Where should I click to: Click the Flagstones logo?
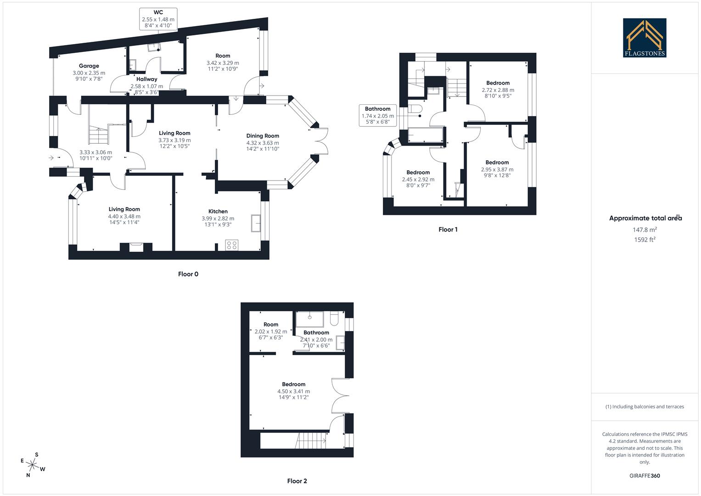pyautogui.click(x=645, y=38)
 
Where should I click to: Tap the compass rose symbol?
pyautogui.click(x=32, y=465)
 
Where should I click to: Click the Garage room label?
pyautogui.click(x=89, y=66)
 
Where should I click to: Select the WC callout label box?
pyautogui.click(x=158, y=19)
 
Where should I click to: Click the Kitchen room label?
pyautogui.click(x=218, y=212)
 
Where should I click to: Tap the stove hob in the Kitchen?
pyautogui.click(x=232, y=245)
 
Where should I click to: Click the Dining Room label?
pyautogui.click(x=263, y=136)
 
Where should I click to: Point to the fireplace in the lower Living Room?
pyautogui.click(x=136, y=247)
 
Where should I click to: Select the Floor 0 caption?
pyautogui.click(x=188, y=274)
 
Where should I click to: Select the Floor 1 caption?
pyautogui.click(x=448, y=230)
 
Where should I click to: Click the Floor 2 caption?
pyautogui.click(x=297, y=481)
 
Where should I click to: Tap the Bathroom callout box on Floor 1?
pyautogui.click(x=377, y=116)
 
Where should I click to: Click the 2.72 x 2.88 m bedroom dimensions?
pyautogui.click(x=498, y=90)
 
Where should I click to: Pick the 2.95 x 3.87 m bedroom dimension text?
pyautogui.click(x=497, y=169)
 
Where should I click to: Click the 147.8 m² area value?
pyautogui.click(x=645, y=230)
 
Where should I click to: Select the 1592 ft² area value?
pyautogui.click(x=645, y=239)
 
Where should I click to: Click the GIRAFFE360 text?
pyautogui.click(x=645, y=476)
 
